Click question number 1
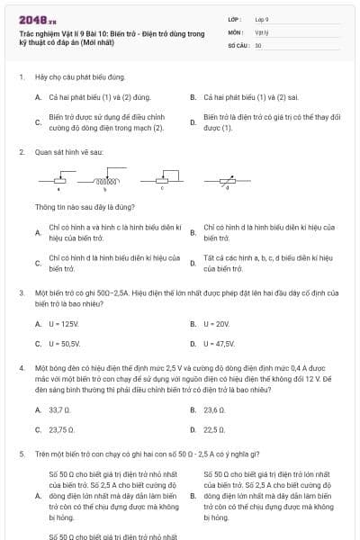tap(21, 78)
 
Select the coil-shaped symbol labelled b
tap(109, 182)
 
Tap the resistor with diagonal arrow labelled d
tap(227, 182)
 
